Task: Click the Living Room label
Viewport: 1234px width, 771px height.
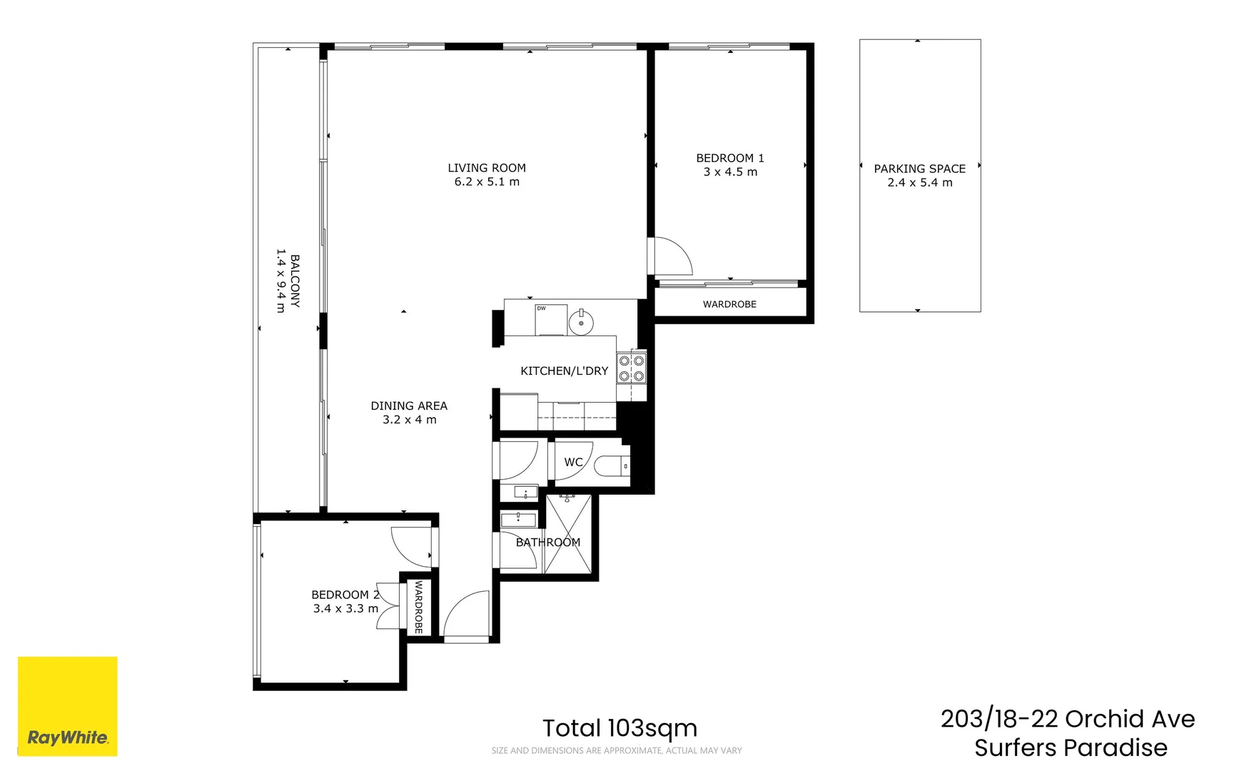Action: pyautogui.click(x=487, y=168)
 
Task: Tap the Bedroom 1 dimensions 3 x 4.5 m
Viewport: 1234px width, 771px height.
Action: pyautogui.click(x=730, y=172)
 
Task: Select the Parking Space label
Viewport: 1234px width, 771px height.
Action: pyautogui.click(x=919, y=168)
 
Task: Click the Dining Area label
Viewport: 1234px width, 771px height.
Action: pyautogui.click(x=409, y=405)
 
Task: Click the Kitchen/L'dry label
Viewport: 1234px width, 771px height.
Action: pyautogui.click(x=564, y=371)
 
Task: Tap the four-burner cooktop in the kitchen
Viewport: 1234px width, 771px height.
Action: pyautogui.click(x=632, y=368)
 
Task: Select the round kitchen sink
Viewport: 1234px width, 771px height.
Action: pyautogui.click(x=581, y=323)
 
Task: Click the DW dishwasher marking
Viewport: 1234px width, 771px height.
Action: pyautogui.click(x=542, y=308)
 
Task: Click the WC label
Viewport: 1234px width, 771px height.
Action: pyautogui.click(x=573, y=462)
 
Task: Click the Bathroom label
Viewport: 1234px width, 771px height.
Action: pyautogui.click(x=547, y=542)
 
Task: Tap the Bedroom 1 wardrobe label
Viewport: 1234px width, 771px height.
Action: pyautogui.click(x=729, y=304)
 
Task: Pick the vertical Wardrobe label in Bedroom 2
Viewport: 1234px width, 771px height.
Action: pyautogui.click(x=419, y=607)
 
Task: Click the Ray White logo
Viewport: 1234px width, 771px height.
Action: pyautogui.click(x=67, y=706)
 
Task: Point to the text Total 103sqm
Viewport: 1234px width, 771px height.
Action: pyautogui.click(x=619, y=728)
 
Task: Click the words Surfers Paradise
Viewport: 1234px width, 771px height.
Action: pyautogui.click(x=1071, y=747)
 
